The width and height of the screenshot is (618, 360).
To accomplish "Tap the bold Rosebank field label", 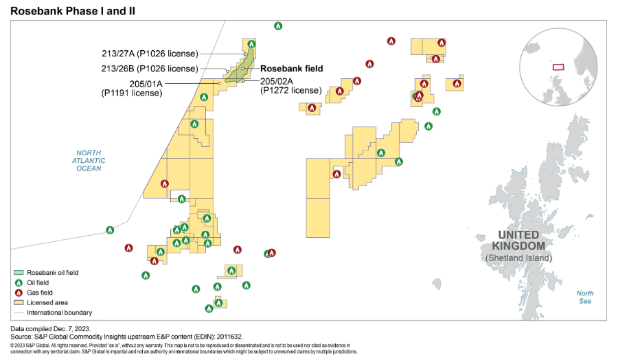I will [x=291, y=69].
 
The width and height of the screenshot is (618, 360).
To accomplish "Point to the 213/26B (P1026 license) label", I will [x=149, y=69].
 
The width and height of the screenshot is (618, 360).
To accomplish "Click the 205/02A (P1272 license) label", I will [x=291, y=85].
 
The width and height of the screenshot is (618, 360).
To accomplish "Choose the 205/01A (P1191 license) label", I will [x=132, y=88].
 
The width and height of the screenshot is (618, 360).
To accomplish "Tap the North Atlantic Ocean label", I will [x=89, y=160].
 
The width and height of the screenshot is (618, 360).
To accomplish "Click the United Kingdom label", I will [x=521, y=240].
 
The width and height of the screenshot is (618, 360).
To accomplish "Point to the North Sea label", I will [x=585, y=297].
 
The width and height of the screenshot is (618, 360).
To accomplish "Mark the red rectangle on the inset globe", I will [x=558, y=67].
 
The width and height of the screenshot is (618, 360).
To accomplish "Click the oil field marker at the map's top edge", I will [x=278, y=26].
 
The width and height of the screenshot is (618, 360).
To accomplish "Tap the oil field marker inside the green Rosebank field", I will [x=251, y=45].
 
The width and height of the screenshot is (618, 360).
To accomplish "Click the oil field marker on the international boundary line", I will [x=110, y=229].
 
